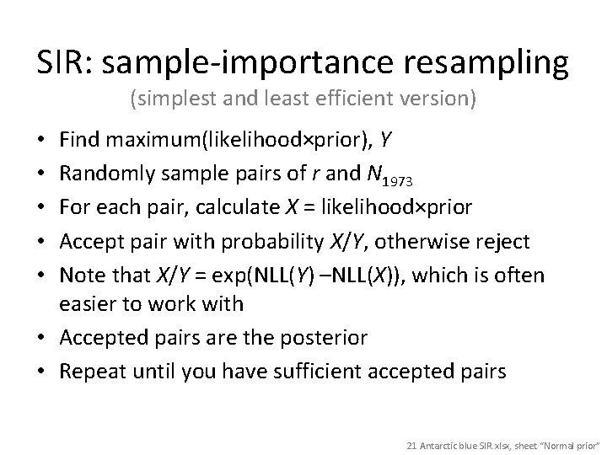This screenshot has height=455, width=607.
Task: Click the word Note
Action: [x=83, y=276]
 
